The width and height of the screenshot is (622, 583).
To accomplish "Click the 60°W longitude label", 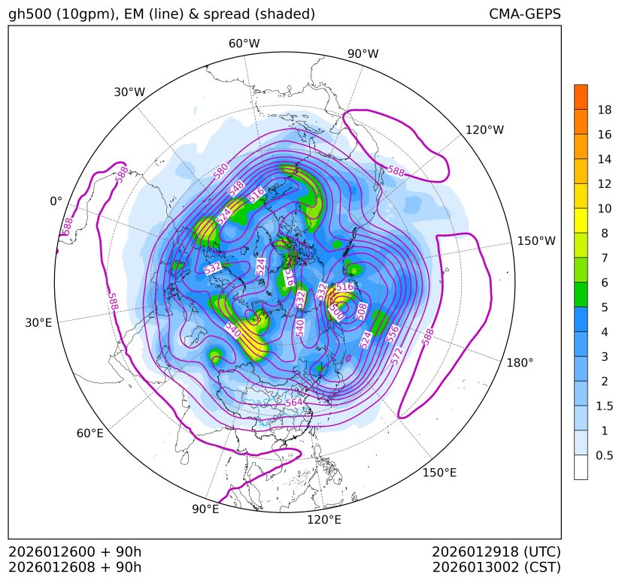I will (244, 44).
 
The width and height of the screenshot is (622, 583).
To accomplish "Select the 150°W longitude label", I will (536, 241).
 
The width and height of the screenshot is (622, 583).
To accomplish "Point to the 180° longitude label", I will (520, 362).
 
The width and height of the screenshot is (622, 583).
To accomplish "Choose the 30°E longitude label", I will (38, 323).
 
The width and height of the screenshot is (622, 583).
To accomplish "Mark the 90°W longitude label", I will (363, 54).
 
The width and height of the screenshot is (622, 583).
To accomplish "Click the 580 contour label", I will (220, 171).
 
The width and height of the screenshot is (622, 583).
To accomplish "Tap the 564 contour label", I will (294, 403).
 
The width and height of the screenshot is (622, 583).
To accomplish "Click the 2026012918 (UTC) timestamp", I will (496, 551).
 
